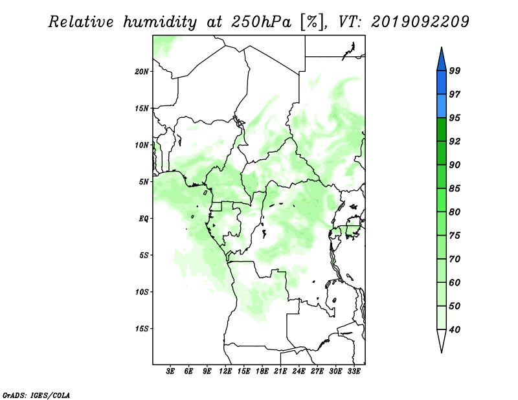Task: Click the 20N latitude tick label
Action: point(142,72)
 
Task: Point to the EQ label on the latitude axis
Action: point(143,219)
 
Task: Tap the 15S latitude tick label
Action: point(142,329)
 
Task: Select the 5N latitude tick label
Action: point(144,182)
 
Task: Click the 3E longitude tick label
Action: point(170,372)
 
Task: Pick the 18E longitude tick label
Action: point(262,372)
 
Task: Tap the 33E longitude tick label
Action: point(354,372)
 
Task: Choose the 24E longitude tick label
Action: point(298,372)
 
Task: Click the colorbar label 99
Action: point(455,71)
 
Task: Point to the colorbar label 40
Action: point(455,329)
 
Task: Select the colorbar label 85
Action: point(455,188)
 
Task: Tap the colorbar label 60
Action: point(455,282)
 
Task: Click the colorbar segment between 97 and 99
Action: point(442,83)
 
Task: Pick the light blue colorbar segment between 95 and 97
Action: point(442,106)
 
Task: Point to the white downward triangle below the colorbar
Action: point(442,340)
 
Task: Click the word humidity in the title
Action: point(160,22)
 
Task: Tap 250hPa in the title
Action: point(261,22)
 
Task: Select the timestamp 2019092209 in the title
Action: point(420,21)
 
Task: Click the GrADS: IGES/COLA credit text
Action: point(36,395)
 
